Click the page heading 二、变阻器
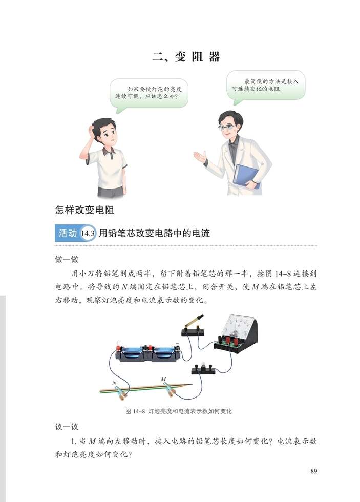click(x=186, y=57)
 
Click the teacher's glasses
click(x=227, y=127)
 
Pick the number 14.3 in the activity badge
click(x=89, y=234)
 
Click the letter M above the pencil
click(x=163, y=379)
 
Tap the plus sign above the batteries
click(x=118, y=343)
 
